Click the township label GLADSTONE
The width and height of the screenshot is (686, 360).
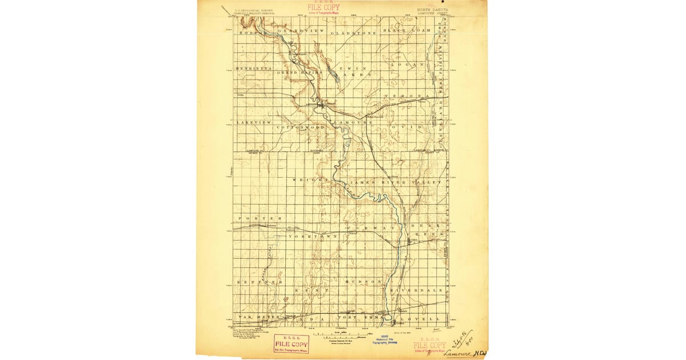354,33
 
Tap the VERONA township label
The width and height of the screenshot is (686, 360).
406,95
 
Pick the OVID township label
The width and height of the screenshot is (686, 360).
407,126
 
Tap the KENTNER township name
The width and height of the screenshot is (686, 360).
260,282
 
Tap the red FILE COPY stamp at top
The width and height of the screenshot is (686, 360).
324,8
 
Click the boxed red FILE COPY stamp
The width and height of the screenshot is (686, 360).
291,343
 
